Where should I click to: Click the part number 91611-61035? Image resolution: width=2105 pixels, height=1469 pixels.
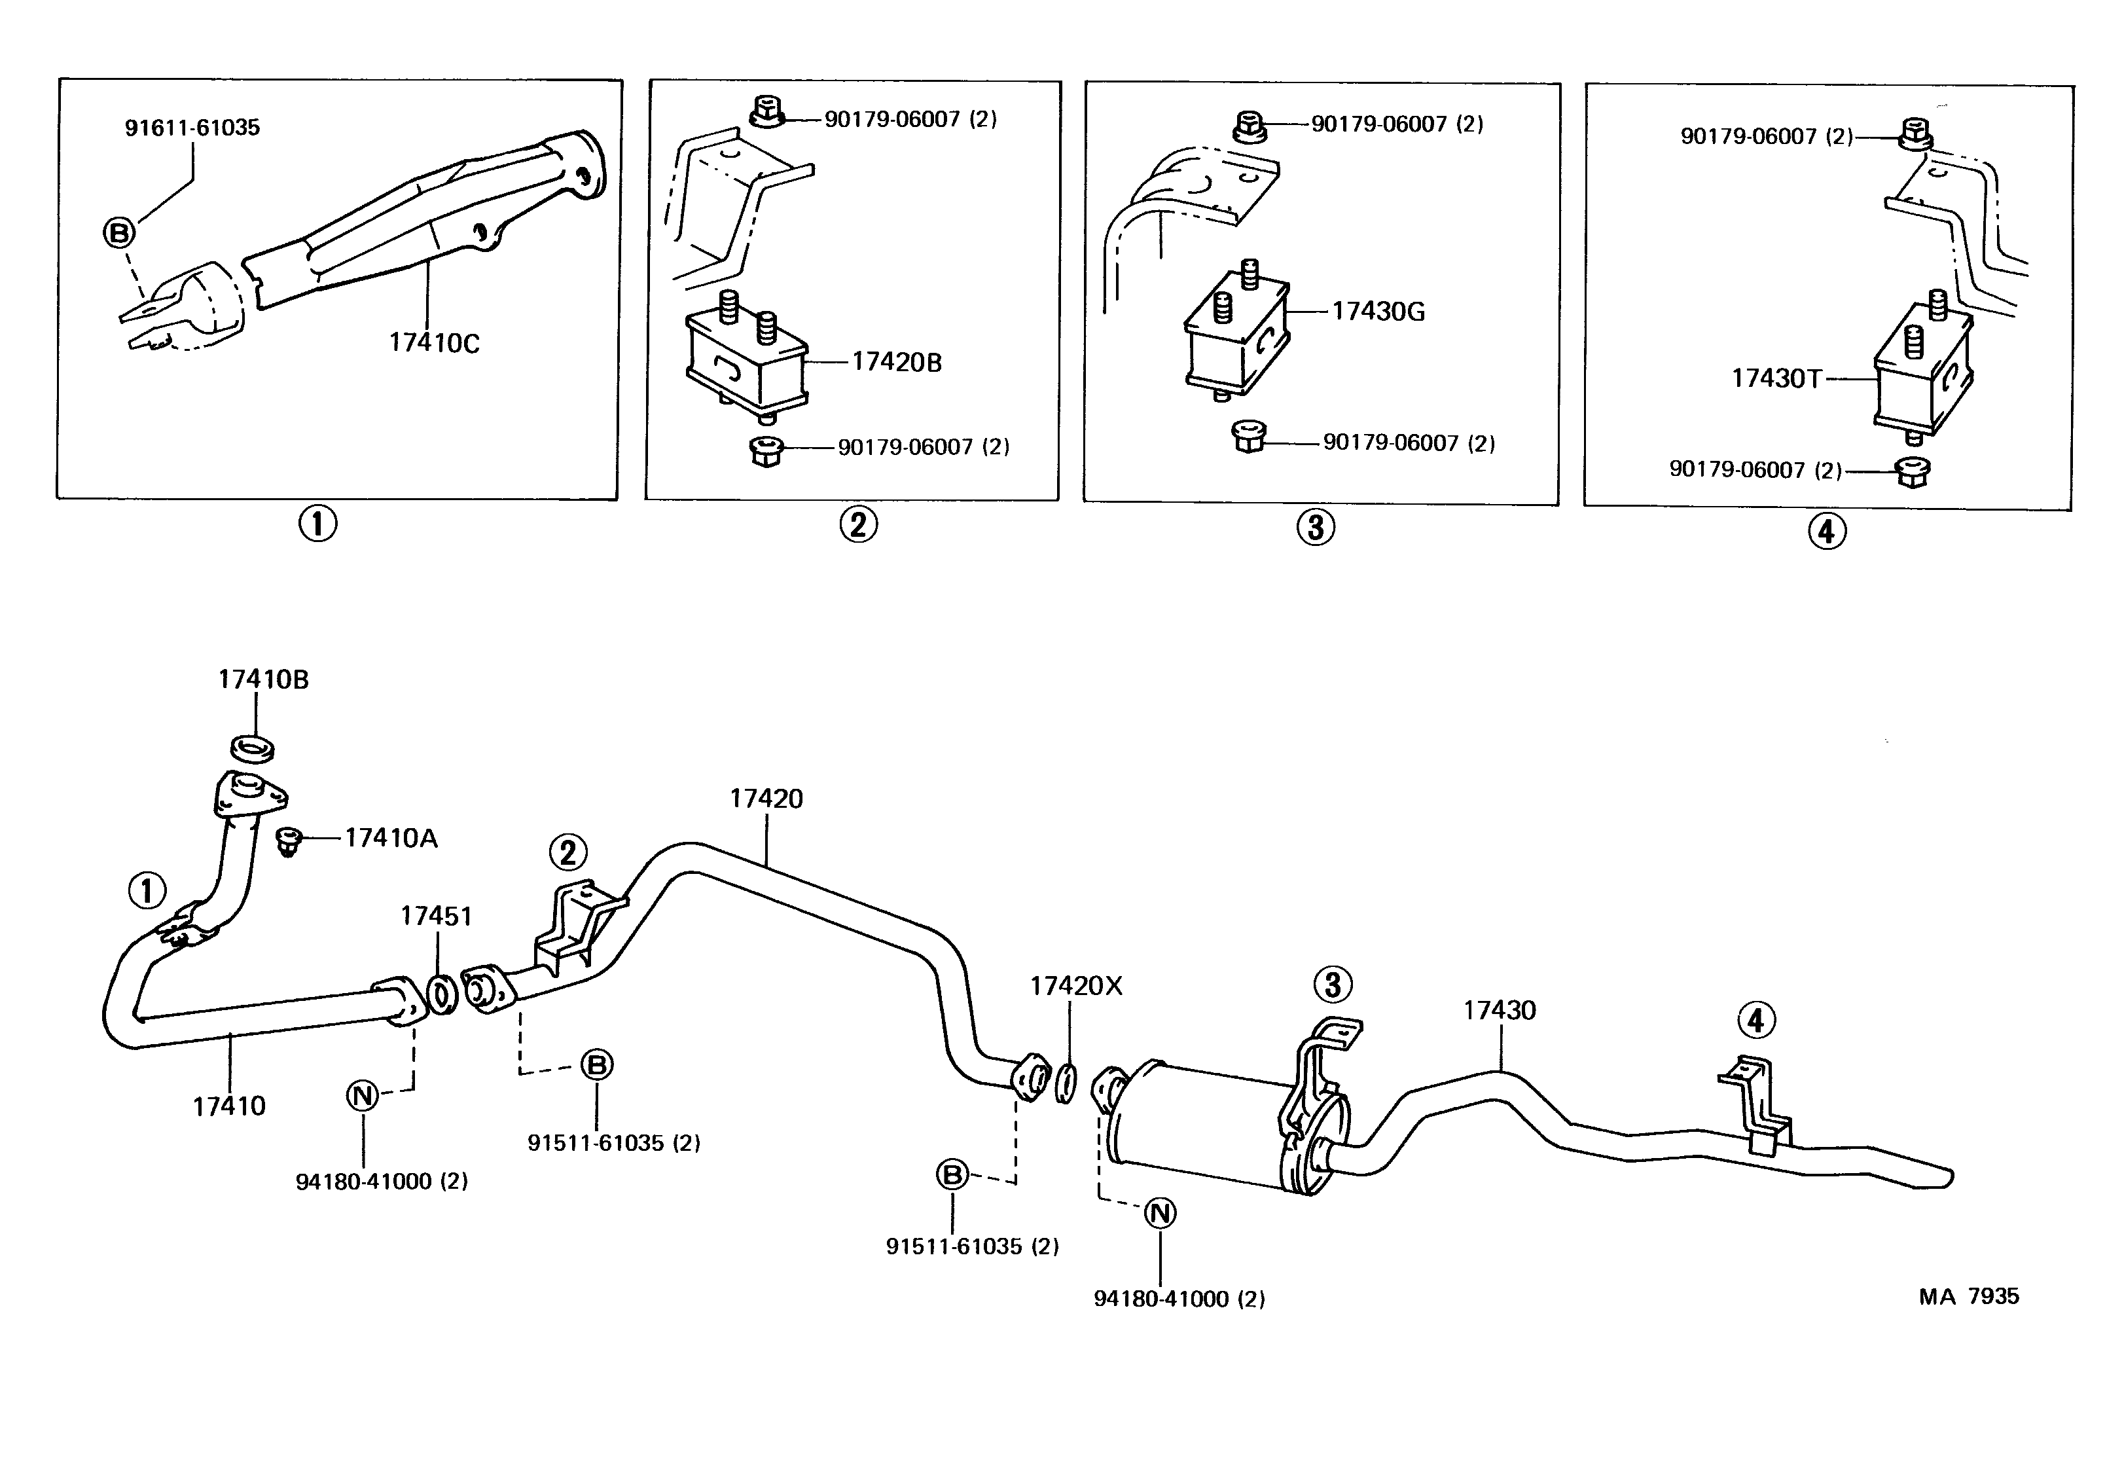[x=192, y=128]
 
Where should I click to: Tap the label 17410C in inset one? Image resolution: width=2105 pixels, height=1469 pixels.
[x=434, y=343]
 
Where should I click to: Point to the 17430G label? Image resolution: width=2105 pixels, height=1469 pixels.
[x=1377, y=312]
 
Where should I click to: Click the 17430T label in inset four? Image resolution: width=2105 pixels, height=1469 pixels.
[x=1776, y=379]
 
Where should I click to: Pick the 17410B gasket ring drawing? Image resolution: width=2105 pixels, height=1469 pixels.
[x=252, y=748]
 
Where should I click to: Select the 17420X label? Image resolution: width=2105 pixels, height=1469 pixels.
[x=1075, y=986]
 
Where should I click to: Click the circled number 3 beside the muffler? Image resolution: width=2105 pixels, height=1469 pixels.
[x=1332, y=985]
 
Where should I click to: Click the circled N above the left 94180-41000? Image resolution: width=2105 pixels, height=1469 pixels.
[x=363, y=1095]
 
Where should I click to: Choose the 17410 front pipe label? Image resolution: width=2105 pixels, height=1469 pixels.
[x=228, y=1106]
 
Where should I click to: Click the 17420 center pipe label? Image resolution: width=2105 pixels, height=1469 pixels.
[x=766, y=799]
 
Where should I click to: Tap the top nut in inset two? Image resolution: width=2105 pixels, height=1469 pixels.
[x=766, y=113]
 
